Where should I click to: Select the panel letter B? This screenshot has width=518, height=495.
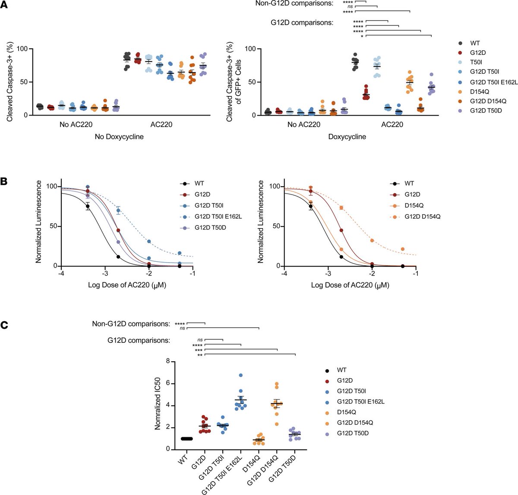(5, 181)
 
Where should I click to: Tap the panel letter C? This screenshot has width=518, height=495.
(5, 327)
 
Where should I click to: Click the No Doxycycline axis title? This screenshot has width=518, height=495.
(119, 137)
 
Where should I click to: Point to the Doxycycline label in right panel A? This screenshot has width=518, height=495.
(347, 137)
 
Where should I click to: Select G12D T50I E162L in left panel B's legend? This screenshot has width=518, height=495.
(218, 216)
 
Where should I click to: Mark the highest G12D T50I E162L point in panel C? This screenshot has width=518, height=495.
(241, 375)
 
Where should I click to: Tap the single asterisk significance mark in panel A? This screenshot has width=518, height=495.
(362, 36)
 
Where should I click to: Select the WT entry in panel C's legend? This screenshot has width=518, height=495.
(342, 370)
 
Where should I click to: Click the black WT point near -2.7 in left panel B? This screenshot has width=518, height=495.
(118, 257)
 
